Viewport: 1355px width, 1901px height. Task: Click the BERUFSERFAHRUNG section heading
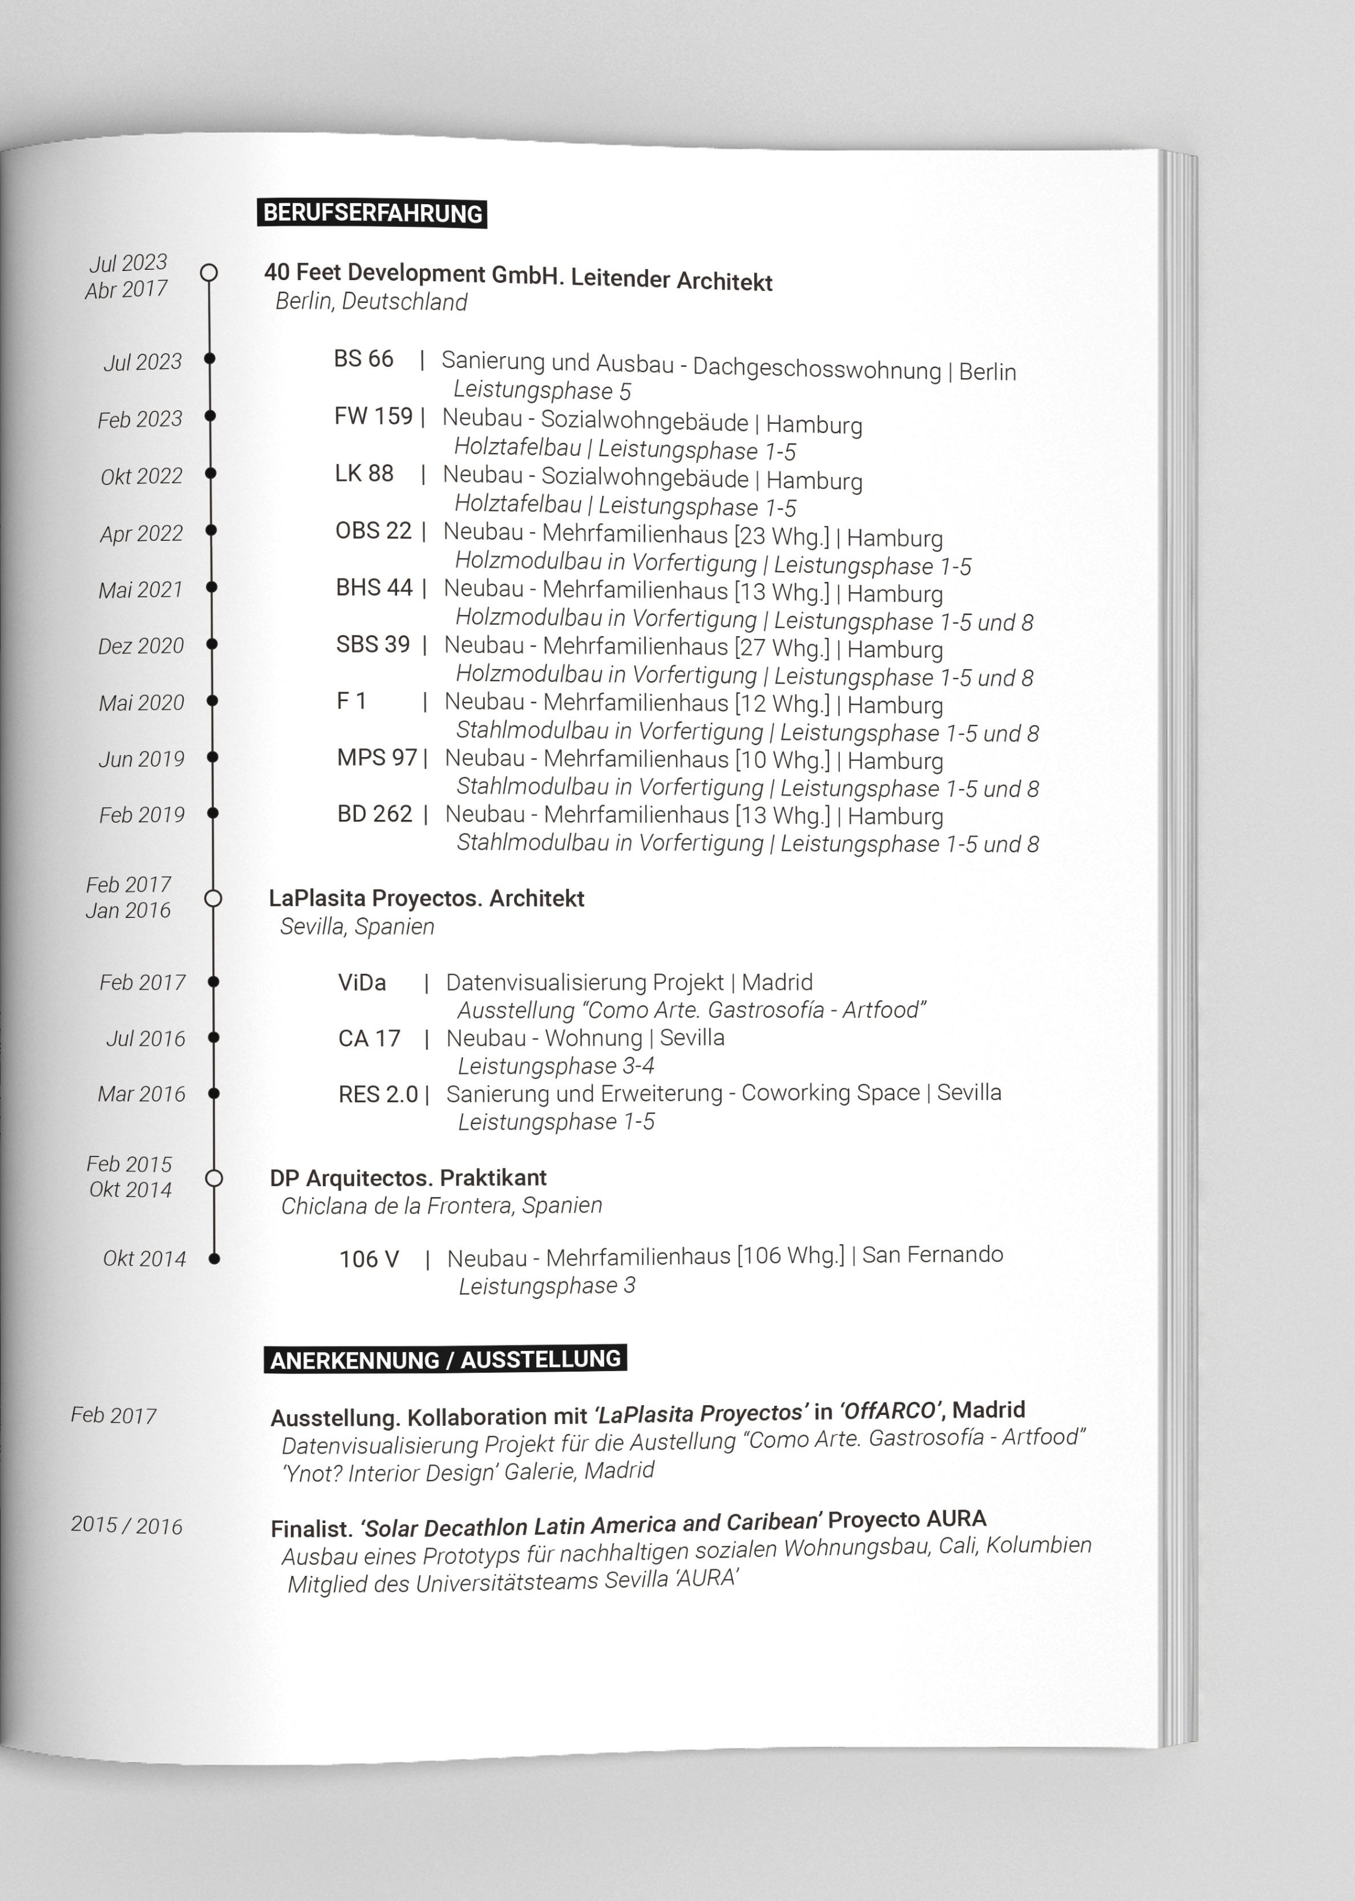click(372, 213)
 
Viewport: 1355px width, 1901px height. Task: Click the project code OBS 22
click(373, 531)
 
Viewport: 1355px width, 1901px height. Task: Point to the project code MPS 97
click(377, 758)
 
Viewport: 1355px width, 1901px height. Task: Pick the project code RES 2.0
click(378, 1094)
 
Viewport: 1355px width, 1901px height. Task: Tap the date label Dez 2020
click(141, 646)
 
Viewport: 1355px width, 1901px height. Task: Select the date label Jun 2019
click(142, 759)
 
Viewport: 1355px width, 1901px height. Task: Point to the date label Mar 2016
click(142, 1094)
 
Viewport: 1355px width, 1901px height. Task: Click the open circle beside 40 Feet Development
click(209, 273)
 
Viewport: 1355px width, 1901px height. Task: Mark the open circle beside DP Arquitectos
click(213, 1178)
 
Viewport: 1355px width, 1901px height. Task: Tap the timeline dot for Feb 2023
click(211, 415)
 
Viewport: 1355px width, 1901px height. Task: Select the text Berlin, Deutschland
click(371, 302)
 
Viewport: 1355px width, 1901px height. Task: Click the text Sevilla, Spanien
click(357, 927)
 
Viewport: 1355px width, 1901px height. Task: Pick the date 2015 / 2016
click(127, 1526)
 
